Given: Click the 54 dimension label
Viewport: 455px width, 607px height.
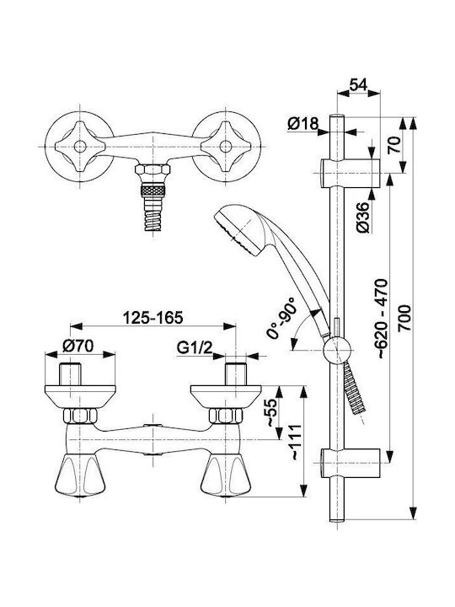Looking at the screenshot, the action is click(x=358, y=84).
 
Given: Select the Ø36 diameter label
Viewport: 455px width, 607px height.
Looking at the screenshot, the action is click(x=364, y=218).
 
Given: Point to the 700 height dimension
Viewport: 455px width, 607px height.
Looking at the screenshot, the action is click(x=404, y=318).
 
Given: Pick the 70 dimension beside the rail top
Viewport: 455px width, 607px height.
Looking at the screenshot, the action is click(x=393, y=145).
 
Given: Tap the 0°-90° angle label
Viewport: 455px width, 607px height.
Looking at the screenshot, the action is click(x=282, y=318).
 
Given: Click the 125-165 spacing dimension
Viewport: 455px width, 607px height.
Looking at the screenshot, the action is click(x=153, y=318).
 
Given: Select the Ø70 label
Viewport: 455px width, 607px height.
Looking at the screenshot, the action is click(x=78, y=346).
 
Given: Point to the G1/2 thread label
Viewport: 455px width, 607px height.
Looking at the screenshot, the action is click(x=195, y=348).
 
